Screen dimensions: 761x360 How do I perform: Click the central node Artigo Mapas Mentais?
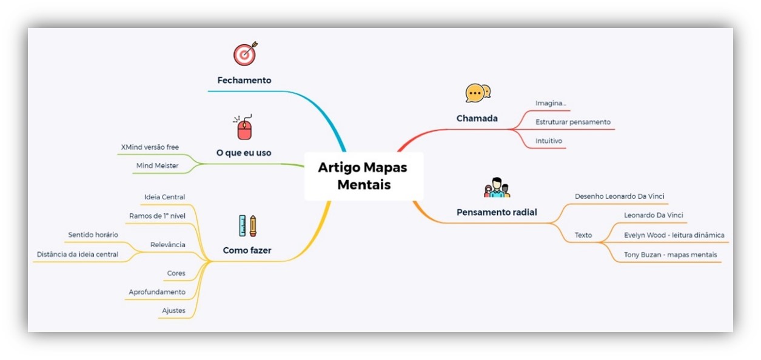tap(363, 176)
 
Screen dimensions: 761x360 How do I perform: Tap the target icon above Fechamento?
tap(245, 54)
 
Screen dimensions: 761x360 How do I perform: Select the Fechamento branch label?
tap(244, 80)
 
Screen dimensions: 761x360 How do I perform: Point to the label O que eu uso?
tap(244, 153)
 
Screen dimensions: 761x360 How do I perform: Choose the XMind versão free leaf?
tap(150, 147)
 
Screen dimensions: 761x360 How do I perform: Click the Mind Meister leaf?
tap(157, 165)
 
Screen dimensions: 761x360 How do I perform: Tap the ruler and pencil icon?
tap(247, 225)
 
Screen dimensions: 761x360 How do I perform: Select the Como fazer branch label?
tap(247, 250)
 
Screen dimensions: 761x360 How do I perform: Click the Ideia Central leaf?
tap(164, 197)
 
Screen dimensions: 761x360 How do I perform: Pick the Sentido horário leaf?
tap(93, 235)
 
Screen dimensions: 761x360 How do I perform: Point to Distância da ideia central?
tap(78, 254)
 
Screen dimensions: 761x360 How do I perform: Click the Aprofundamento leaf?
tap(157, 292)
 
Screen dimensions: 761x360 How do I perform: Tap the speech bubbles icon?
tap(478, 93)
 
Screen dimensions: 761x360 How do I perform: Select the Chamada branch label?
tap(477, 118)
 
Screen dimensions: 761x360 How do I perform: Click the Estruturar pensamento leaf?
tap(573, 122)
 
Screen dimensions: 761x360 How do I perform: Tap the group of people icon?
tap(497, 188)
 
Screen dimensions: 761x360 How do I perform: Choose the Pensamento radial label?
tap(497, 212)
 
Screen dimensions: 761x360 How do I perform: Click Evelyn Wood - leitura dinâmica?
tap(674, 235)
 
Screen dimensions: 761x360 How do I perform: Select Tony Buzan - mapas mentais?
tap(670, 255)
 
